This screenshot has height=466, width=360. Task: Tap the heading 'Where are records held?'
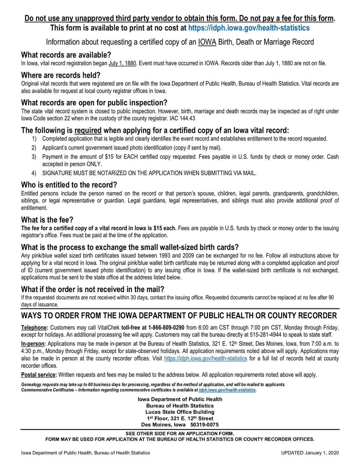61,75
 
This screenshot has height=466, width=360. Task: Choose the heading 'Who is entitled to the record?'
69,185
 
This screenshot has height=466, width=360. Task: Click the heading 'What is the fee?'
47,220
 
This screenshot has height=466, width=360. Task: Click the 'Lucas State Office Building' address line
180,412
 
